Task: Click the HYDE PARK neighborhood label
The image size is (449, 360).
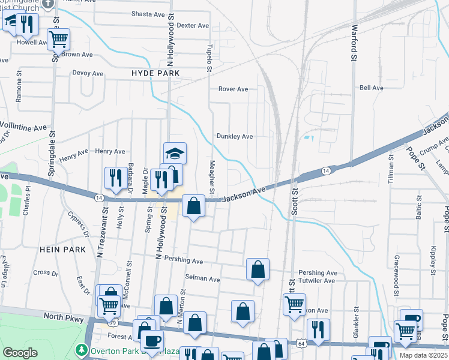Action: [x=155, y=73]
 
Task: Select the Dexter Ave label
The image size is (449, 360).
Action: [x=193, y=25]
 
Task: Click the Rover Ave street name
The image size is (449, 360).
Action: [x=233, y=89]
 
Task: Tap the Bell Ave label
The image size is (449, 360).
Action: [x=371, y=88]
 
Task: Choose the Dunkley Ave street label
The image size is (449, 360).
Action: [x=234, y=136]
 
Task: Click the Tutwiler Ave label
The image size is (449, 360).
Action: [x=321, y=280]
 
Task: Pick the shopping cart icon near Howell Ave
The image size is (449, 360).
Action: [x=59, y=39]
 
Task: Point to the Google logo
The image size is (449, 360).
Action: [x=20, y=353]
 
